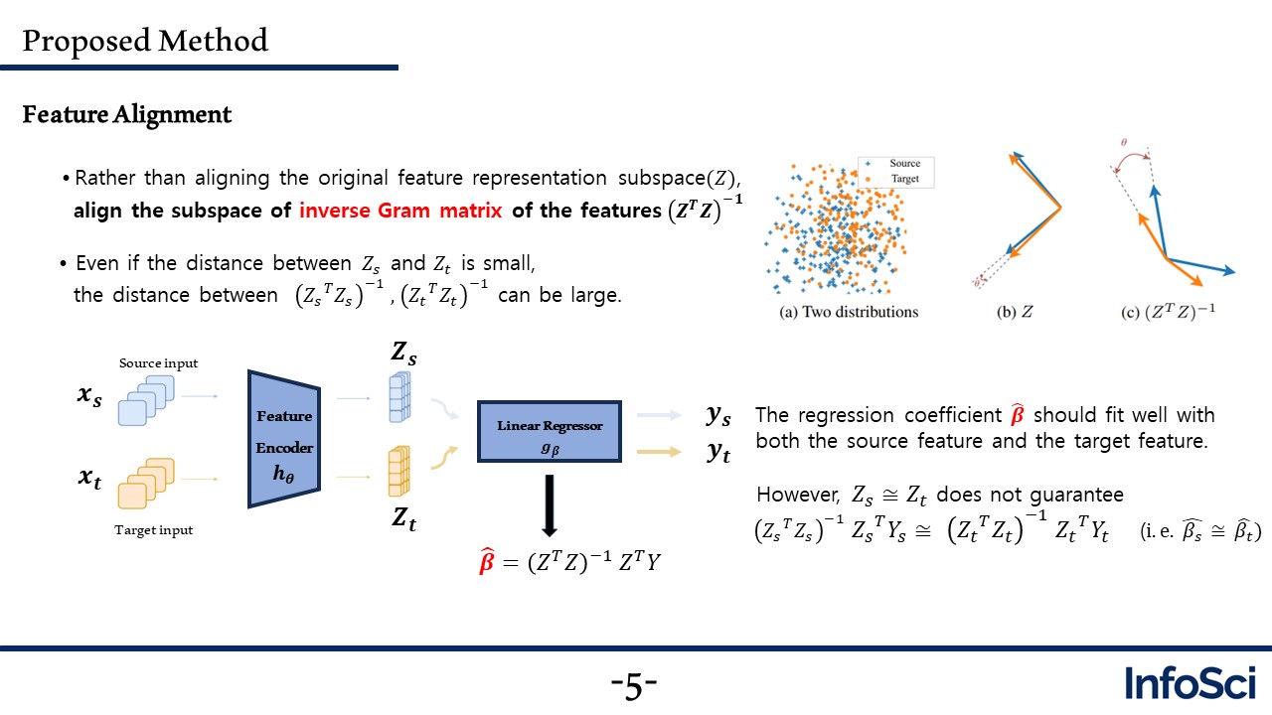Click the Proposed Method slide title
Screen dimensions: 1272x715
point(145,41)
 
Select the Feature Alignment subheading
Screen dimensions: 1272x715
point(126,114)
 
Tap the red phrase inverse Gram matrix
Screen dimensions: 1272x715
point(400,210)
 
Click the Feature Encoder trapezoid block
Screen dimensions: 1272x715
point(284,439)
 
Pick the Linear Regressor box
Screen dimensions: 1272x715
point(550,431)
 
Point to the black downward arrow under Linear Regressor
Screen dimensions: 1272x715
point(550,505)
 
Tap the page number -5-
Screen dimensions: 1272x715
point(634,685)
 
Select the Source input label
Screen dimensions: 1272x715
point(158,363)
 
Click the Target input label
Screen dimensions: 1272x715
point(153,530)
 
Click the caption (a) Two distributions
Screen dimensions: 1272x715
point(849,312)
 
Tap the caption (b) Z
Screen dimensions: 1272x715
point(1015,312)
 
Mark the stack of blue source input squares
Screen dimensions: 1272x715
point(146,400)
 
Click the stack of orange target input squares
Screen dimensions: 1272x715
point(146,484)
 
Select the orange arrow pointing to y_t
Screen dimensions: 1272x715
point(659,452)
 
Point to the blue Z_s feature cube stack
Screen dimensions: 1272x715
point(399,396)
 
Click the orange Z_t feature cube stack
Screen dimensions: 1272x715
point(399,471)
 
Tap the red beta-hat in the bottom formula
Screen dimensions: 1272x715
point(487,561)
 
